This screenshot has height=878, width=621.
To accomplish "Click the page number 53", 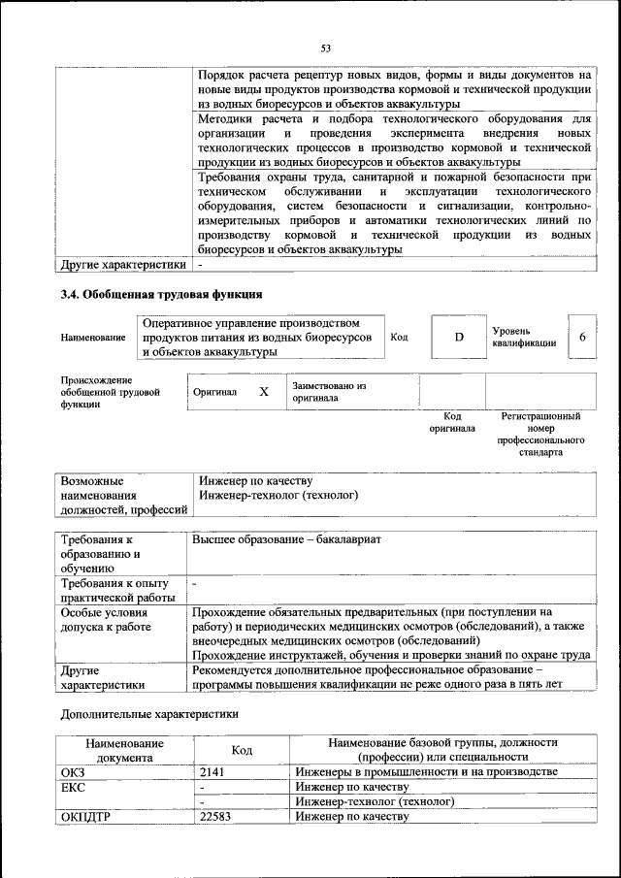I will [326, 48].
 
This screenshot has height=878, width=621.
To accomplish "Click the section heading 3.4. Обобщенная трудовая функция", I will [161, 294].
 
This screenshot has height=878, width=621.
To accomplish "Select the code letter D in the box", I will [459, 337].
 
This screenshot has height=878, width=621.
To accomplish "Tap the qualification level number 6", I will [582, 337].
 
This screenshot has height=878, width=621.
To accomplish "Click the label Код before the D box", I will [399, 337].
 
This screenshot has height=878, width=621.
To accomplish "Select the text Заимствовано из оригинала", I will [328, 391].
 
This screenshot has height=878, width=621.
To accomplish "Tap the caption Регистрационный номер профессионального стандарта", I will [540, 434].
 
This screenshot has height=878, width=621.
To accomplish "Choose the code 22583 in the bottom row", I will [218, 817].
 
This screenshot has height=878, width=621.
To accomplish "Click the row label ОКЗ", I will [74, 772].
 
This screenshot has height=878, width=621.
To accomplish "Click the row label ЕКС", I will [74, 788].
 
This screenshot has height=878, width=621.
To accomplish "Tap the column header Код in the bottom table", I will [242, 750].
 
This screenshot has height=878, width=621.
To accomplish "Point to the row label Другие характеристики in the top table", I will [122, 265].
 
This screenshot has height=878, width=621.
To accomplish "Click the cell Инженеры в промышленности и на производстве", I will [426, 772].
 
